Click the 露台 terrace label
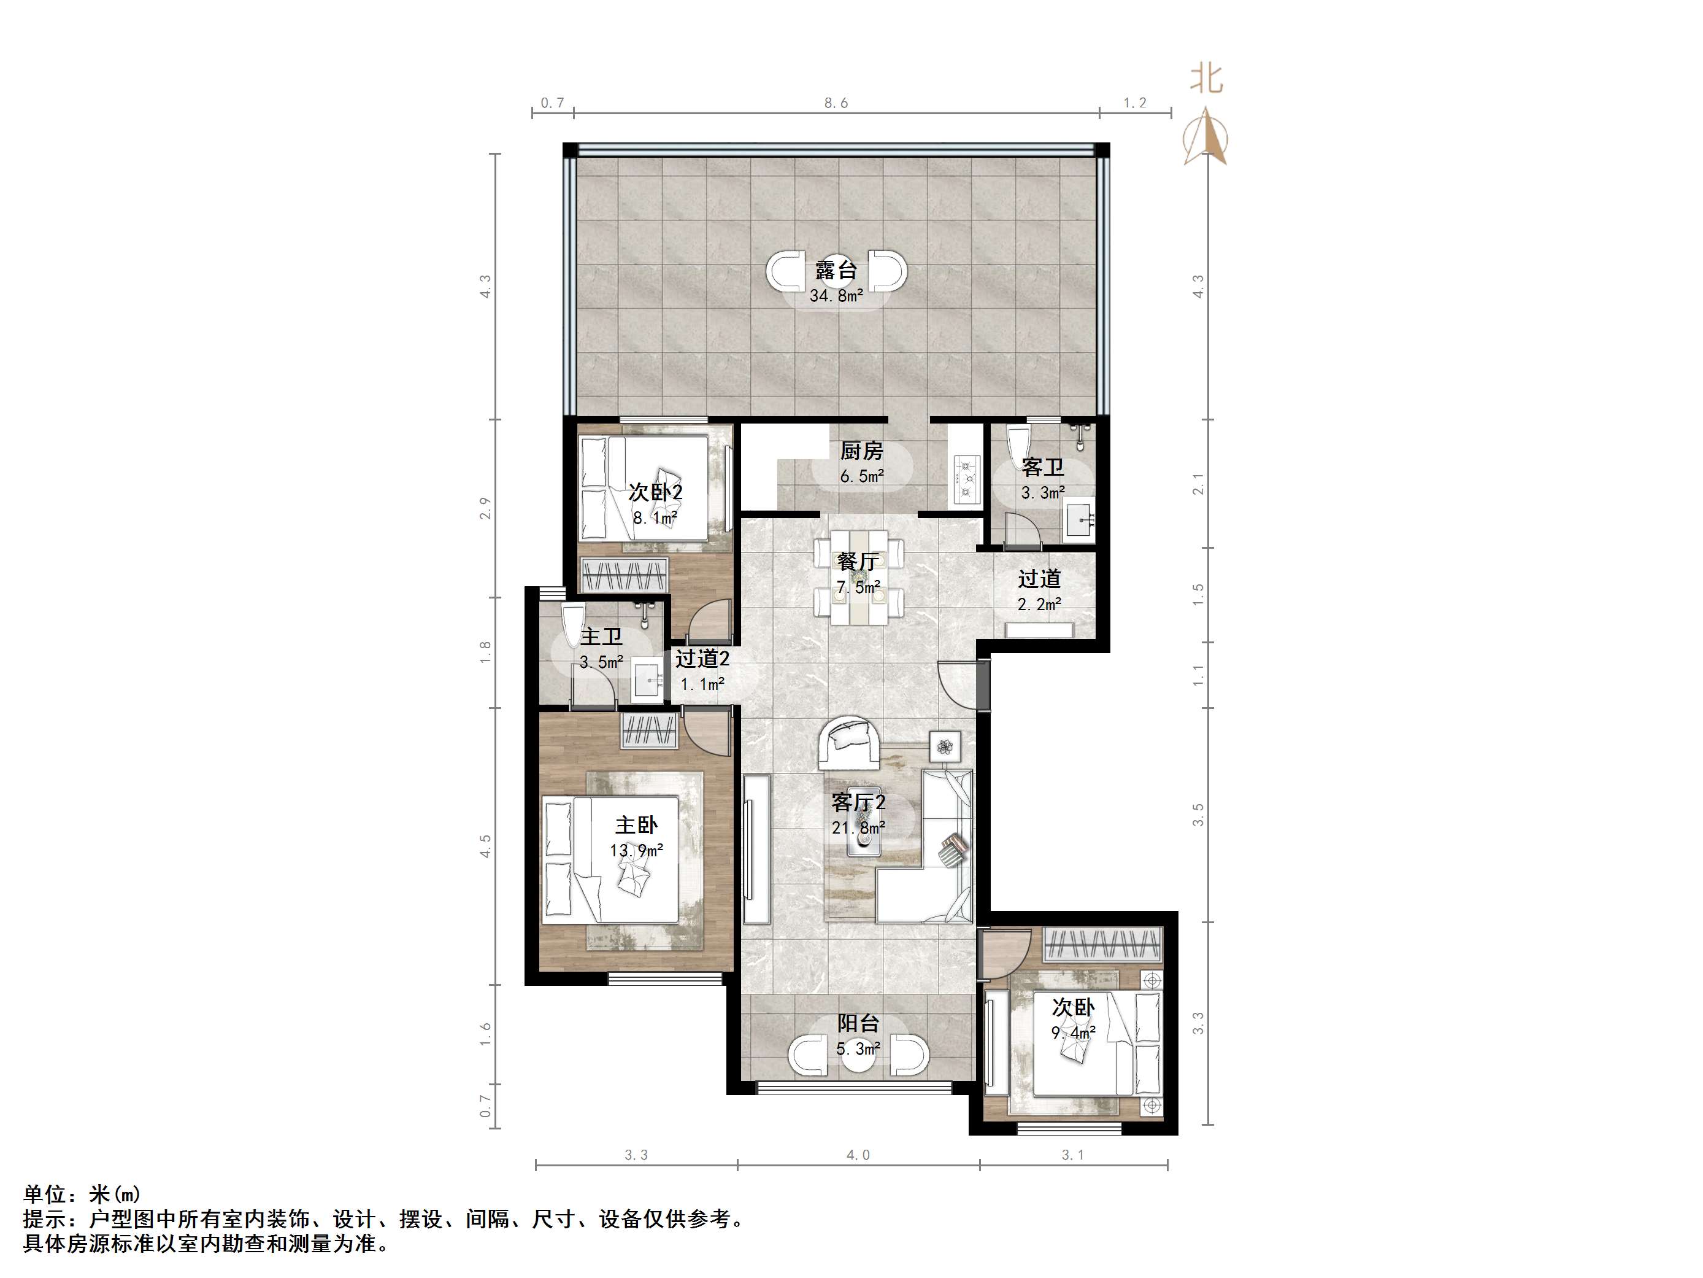(836, 270)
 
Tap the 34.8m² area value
(836, 296)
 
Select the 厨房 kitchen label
(861, 451)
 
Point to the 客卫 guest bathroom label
(1043, 467)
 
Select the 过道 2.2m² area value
(1039, 605)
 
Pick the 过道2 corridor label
(702, 659)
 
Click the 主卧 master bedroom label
(636, 825)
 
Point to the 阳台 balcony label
(858, 1023)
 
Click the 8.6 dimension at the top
(836, 103)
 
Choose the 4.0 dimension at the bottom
(858, 1155)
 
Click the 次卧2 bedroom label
(655, 492)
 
